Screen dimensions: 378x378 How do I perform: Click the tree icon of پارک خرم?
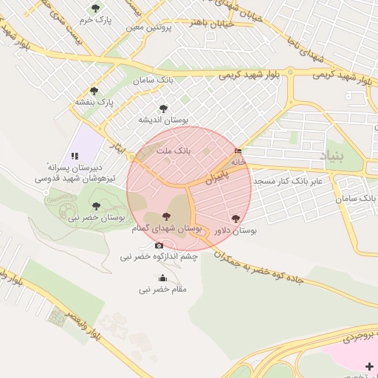[95, 8]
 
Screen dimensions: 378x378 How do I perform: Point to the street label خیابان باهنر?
[192, 23]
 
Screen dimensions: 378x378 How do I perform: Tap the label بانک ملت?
[178, 150]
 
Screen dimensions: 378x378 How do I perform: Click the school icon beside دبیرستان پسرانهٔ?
[75, 156]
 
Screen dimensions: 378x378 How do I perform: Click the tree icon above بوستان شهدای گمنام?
[166, 216]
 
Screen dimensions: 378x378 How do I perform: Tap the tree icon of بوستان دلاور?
[236, 219]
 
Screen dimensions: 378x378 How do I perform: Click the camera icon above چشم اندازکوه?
[159, 245]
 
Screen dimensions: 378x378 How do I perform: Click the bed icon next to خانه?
[237, 151]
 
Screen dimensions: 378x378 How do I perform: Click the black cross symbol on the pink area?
[369, 365]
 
